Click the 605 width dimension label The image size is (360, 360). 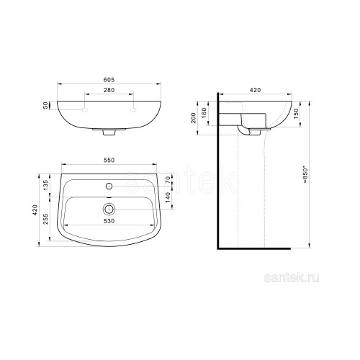[x=109, y=80]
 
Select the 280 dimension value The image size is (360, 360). [x=109, y=90]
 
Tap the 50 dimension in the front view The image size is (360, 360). [x=45, y=106]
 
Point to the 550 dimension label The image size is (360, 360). [x=109, y=160]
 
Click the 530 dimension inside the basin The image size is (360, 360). [x=109, y=221]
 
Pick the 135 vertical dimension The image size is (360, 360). [x=45, y=185]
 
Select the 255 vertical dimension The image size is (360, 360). [x=45, y=219]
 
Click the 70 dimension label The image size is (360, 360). [x=168, y=180]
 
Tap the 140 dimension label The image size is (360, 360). [x=168, y=197]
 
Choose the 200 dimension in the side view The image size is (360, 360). [x=194, y=118]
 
